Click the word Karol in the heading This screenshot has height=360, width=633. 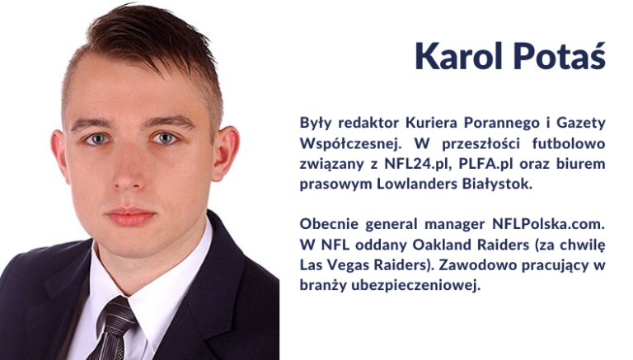click(x=459, y=56)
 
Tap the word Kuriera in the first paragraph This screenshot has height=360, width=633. click(x=431, y=122)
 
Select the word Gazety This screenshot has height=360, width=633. click(x=581, y=123)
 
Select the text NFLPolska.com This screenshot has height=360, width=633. click(x=548, y=223)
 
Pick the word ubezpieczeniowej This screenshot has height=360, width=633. click(x=415, y=285)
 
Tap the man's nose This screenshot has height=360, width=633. click(x=126, y=170)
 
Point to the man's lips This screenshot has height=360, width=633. click(x=130, y=217)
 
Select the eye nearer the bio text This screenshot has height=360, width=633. click(x=164, y=138)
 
